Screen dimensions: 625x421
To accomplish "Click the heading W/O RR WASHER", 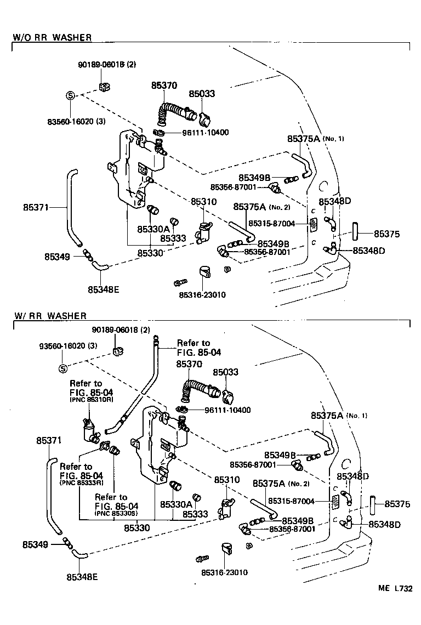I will point(52,38).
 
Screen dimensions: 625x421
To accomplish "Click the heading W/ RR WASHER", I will point(50,316).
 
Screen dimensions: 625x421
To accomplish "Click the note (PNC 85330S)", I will point(117,514).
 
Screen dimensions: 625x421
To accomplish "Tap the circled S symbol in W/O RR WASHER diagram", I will point(70,95).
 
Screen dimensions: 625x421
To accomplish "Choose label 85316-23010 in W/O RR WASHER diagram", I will point(202,295).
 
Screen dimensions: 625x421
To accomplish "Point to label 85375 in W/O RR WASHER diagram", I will point(387,234).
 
